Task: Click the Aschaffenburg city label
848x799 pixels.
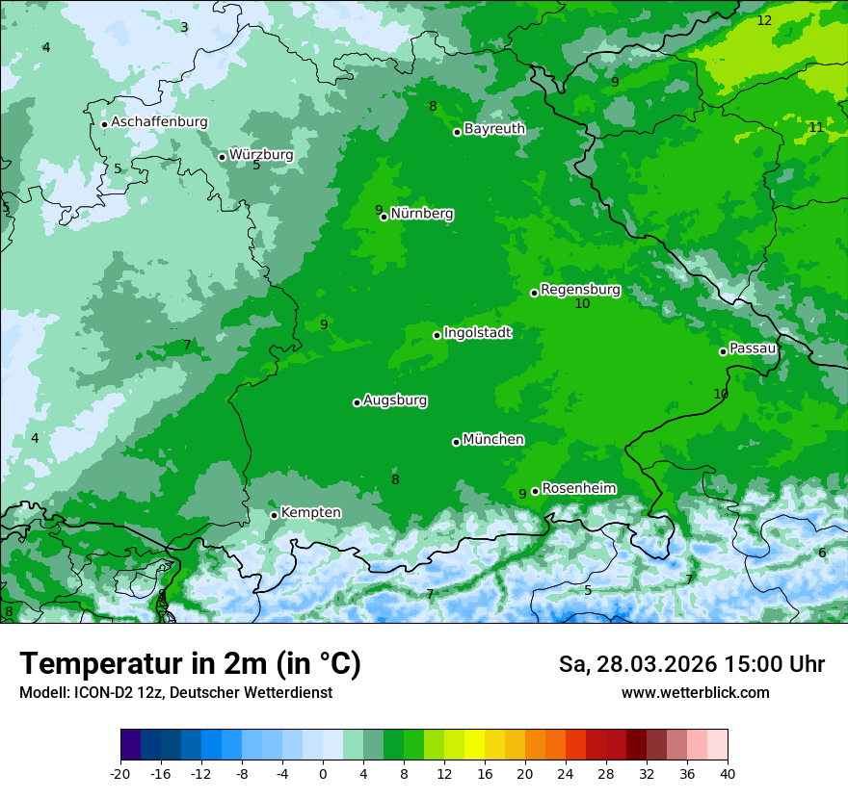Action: click(x=159, y=122)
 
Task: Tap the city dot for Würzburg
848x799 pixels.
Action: click(x=222, y=157)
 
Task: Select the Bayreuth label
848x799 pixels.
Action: click(x=494, y=128)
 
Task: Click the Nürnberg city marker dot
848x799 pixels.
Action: click(x=384, y=217)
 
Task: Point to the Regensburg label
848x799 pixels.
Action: click(x=580, y=289)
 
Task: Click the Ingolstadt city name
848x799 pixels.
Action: click(x=477, y=332)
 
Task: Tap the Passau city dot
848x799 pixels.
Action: click(x=723, y=351)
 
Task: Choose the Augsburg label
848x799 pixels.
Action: click(x=395, y=399)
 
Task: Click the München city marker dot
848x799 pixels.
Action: click(x=456, y=442)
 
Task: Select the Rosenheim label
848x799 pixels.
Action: click(x=579, y=488)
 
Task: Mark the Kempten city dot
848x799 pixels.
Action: click(x=274, y=515)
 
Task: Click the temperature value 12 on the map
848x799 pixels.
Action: click(x=764, y=20)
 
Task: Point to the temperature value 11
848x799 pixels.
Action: click(x=816, y=127)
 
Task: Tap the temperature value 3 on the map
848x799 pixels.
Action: click(x=184, y=27)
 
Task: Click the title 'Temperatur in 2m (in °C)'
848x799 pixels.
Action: click(x=190, y=663)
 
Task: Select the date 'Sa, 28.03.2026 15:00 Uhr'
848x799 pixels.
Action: click(x=691, y=664)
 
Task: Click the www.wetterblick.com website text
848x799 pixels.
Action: click(x=695, y=692)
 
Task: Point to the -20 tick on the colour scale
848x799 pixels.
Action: click(x=120, y=773)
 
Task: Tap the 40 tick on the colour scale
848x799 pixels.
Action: click(x=727, y=773)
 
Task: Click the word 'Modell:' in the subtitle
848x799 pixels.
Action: click(x=42, y=692)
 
